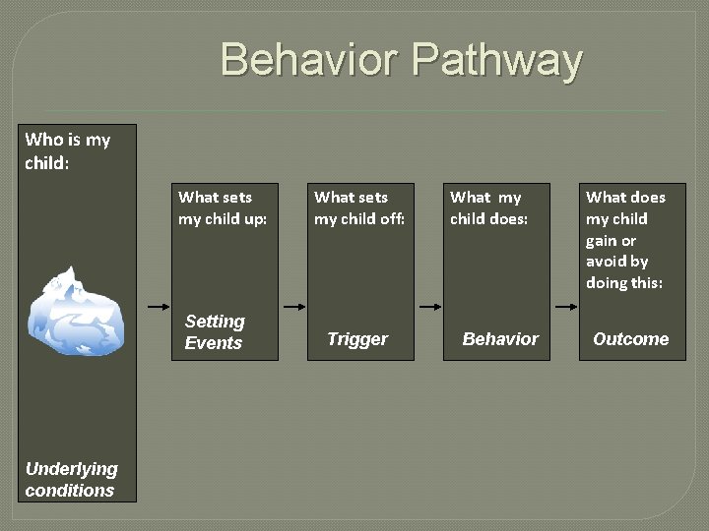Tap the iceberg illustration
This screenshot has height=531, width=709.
coord(76,311)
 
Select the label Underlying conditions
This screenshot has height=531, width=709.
coord(71,480)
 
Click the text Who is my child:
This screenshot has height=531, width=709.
coord(67,150)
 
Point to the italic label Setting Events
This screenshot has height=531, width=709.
coord(214,331)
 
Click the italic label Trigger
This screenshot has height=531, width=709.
coord(357,339)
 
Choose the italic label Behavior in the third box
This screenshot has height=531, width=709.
coord(500,339)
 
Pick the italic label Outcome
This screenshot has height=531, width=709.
coord(630,339)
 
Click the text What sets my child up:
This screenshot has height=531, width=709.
coord(223,207)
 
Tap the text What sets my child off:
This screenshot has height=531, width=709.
coord(359,207)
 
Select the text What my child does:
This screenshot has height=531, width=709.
coord(488,207)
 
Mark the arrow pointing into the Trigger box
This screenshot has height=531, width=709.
coord(292,307)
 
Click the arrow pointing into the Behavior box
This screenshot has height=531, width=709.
coord(429,307)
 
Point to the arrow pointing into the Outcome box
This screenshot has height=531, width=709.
coord(565,307)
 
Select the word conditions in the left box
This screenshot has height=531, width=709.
coord(70,491)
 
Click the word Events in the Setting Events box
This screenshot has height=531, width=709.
coord(213,343)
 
